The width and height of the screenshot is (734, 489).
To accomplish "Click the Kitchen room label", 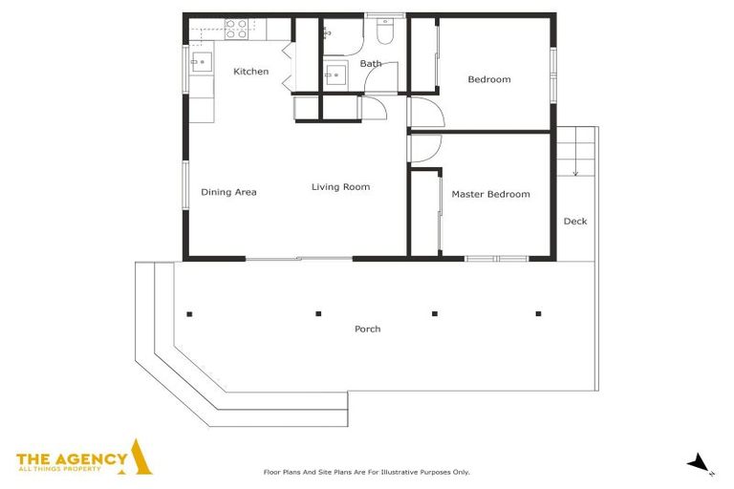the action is [251, 72].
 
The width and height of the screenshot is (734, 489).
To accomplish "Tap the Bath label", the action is [371, 63].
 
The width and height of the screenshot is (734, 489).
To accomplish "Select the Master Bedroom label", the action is [490, 194].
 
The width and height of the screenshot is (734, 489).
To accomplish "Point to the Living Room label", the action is [341, 187].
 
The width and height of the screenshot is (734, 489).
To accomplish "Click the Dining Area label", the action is [228, 192].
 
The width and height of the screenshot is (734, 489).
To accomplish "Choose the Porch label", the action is [367, 329].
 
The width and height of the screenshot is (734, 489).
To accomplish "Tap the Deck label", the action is [575, 222].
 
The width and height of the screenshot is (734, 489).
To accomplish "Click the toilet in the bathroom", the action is [385, 32].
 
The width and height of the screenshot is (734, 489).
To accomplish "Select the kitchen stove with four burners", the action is [236, 29].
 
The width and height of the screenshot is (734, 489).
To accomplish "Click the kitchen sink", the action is [202, 62].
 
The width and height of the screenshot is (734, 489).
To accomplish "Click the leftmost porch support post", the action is [189, 314].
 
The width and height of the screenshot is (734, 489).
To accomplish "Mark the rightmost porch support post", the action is [538, 313].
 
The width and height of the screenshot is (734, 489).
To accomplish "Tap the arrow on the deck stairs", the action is [575, 152].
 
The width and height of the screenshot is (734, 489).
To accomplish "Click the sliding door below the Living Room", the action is [299, 258].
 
